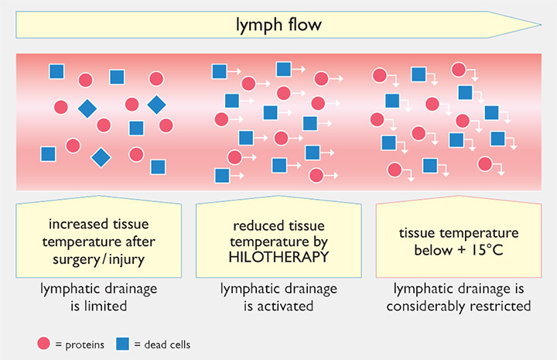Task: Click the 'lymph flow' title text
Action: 278,25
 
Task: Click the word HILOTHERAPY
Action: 278,256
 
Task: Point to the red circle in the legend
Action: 43,344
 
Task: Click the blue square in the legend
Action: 122,344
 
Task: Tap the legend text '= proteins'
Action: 78,345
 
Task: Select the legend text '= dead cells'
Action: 162,345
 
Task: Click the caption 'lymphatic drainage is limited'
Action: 98,297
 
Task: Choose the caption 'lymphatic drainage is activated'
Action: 278,297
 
